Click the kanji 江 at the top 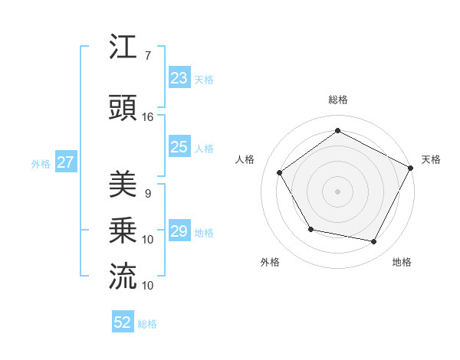(123, 47)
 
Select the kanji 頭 (123, 108)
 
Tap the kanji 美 (123, 185)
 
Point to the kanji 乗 (123, 231)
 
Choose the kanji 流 (123, 277)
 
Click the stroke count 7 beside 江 (148, 55)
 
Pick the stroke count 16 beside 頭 (148, 116)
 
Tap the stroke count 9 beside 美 (148, 193)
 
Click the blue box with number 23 (179, 78)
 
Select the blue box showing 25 (179, 147)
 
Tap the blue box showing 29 (179, 231)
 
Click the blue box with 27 (65, 162)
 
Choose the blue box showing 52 (123, 322)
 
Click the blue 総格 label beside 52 (147, 324)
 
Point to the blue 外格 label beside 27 (41, 163)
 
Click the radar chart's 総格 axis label (338, 100)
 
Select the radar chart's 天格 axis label (432, 159)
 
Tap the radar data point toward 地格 (374, 241)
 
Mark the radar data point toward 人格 (280, 173)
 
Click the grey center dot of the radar (338, 191)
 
